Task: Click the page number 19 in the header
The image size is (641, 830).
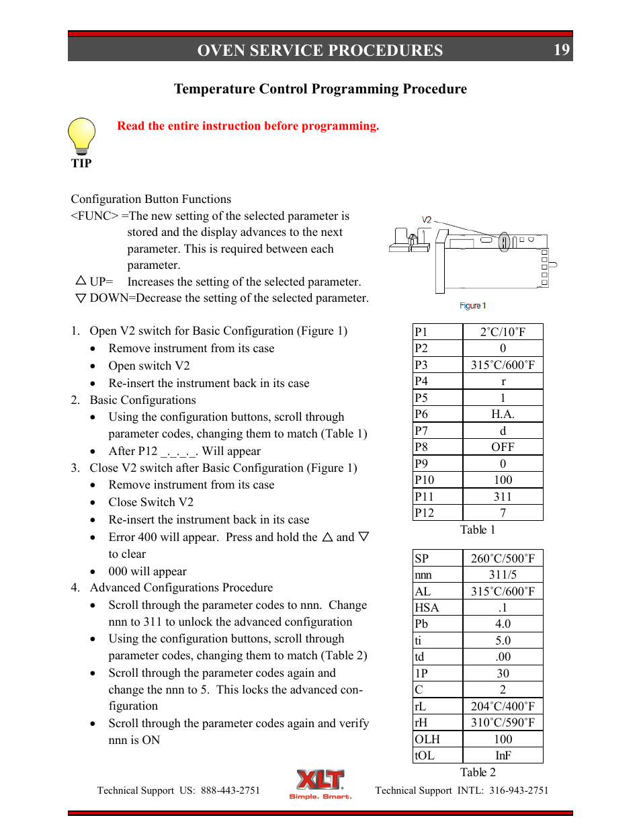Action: click(x=561, y=50)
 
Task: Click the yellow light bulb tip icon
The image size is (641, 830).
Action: click(x=82, y=136)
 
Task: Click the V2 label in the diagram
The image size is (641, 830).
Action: click(x=426, y=220)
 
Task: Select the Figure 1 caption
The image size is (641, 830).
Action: click(x=472, y=306)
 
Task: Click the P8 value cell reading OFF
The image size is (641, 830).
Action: click(x=503, y=447)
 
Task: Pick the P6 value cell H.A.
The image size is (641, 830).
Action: click(x=503, y=415)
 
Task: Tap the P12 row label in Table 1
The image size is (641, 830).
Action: click(x=425, y=513)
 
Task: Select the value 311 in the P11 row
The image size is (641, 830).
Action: click(x=503, y=497)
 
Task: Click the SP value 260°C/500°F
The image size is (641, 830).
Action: click(x=503, y=558)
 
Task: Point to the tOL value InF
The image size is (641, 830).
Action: click(x=503, y=755)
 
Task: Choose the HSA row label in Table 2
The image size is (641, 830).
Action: click(x=427, y=608)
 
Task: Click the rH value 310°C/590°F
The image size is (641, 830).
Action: click(x=503, y=722)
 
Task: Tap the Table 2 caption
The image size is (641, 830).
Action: click(x=478, y=772)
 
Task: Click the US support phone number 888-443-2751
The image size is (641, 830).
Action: click(x=230, y=790)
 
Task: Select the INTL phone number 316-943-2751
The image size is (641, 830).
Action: click(x=519, y=790)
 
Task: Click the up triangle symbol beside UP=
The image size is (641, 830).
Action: click(x=81, y=280)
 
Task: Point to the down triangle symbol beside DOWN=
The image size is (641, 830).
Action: click(x=81, y=298)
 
